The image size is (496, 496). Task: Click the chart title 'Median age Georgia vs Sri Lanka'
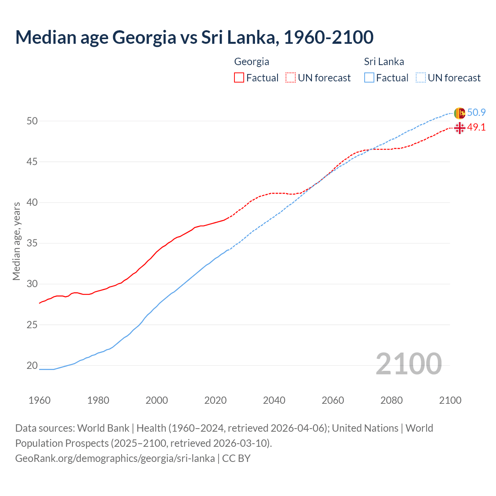tap(194, 37)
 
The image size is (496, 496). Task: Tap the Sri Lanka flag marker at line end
tap(459, 113)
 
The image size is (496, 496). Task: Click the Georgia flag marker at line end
tap(459, 128)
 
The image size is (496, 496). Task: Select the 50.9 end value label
tap(476, 113)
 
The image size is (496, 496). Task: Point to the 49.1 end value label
tap(476, 127)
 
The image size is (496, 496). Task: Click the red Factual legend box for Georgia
tap(239, 78)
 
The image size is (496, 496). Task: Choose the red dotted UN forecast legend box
tap(291, 78)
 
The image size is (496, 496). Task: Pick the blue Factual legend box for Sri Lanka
tap(369, 78)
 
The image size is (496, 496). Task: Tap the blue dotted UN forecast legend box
tap(420, 78)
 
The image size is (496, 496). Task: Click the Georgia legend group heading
tap(251, 62)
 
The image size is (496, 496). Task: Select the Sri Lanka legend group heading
tap(384, 62)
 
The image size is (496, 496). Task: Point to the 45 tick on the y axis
tap(32, 162)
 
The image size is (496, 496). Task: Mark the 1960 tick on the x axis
tap(40, 400)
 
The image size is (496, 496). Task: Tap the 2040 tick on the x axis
tap(274, 400)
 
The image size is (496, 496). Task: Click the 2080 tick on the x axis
tap(391, 400)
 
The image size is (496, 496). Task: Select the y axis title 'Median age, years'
tap(16, 241)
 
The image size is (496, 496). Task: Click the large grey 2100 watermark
tap(408, 364)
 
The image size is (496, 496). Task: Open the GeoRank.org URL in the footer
tap(115, 458)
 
